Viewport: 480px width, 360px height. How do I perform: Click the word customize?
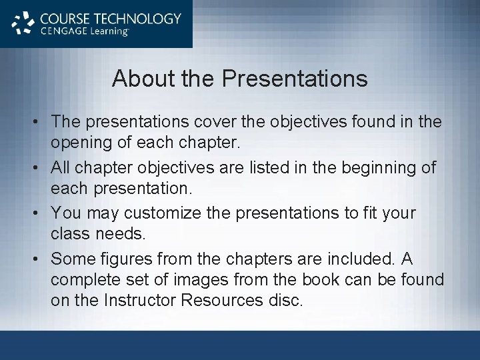pyautogui.click(x=177, y=213)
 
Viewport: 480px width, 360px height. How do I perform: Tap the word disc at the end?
pyautogui.click(x=285, y=301)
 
